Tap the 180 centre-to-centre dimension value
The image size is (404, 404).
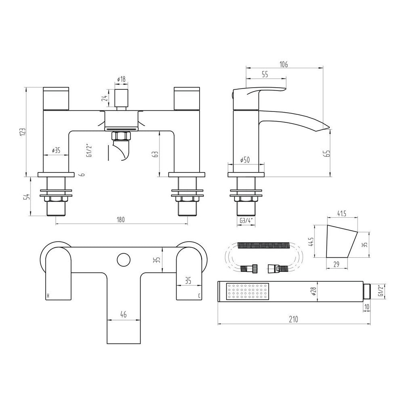121,220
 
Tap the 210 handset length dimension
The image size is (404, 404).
293,320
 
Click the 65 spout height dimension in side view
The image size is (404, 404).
328,154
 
